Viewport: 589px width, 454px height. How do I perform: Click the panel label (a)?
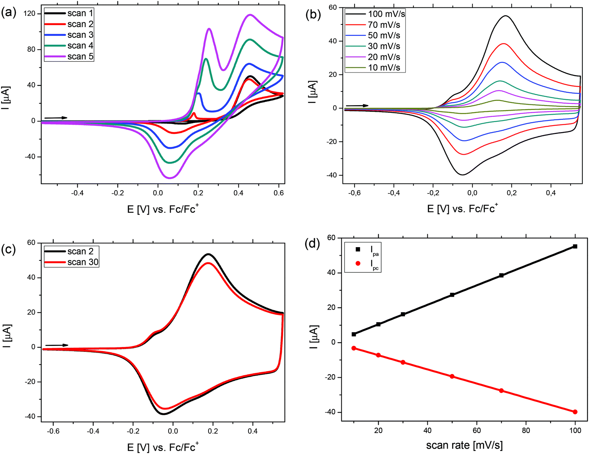[9, 13]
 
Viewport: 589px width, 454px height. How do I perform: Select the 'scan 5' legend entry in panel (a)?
[80, 57]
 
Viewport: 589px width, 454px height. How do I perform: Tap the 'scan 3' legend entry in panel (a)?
[80, 35]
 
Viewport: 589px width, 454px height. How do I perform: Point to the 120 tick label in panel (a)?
[29, 14]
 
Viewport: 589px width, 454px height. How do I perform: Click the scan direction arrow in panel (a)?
[56, 118]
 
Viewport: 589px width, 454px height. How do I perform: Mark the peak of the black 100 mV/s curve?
[505, 16]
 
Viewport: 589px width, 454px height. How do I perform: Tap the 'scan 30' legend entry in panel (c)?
[83, 262]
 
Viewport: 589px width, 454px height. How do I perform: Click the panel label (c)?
[9, 250]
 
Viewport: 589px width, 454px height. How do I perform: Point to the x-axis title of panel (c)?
[163, 447]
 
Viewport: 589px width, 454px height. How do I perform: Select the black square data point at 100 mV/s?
[575, 246]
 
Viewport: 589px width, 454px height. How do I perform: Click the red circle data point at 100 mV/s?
[575, 412]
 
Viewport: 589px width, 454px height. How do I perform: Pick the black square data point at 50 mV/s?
[452, 295]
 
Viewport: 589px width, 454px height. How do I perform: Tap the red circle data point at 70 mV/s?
[501, 391]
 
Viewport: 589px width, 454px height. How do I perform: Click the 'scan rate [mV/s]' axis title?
[464, 445]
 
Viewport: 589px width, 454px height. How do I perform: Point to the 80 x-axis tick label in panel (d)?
[526, 430]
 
